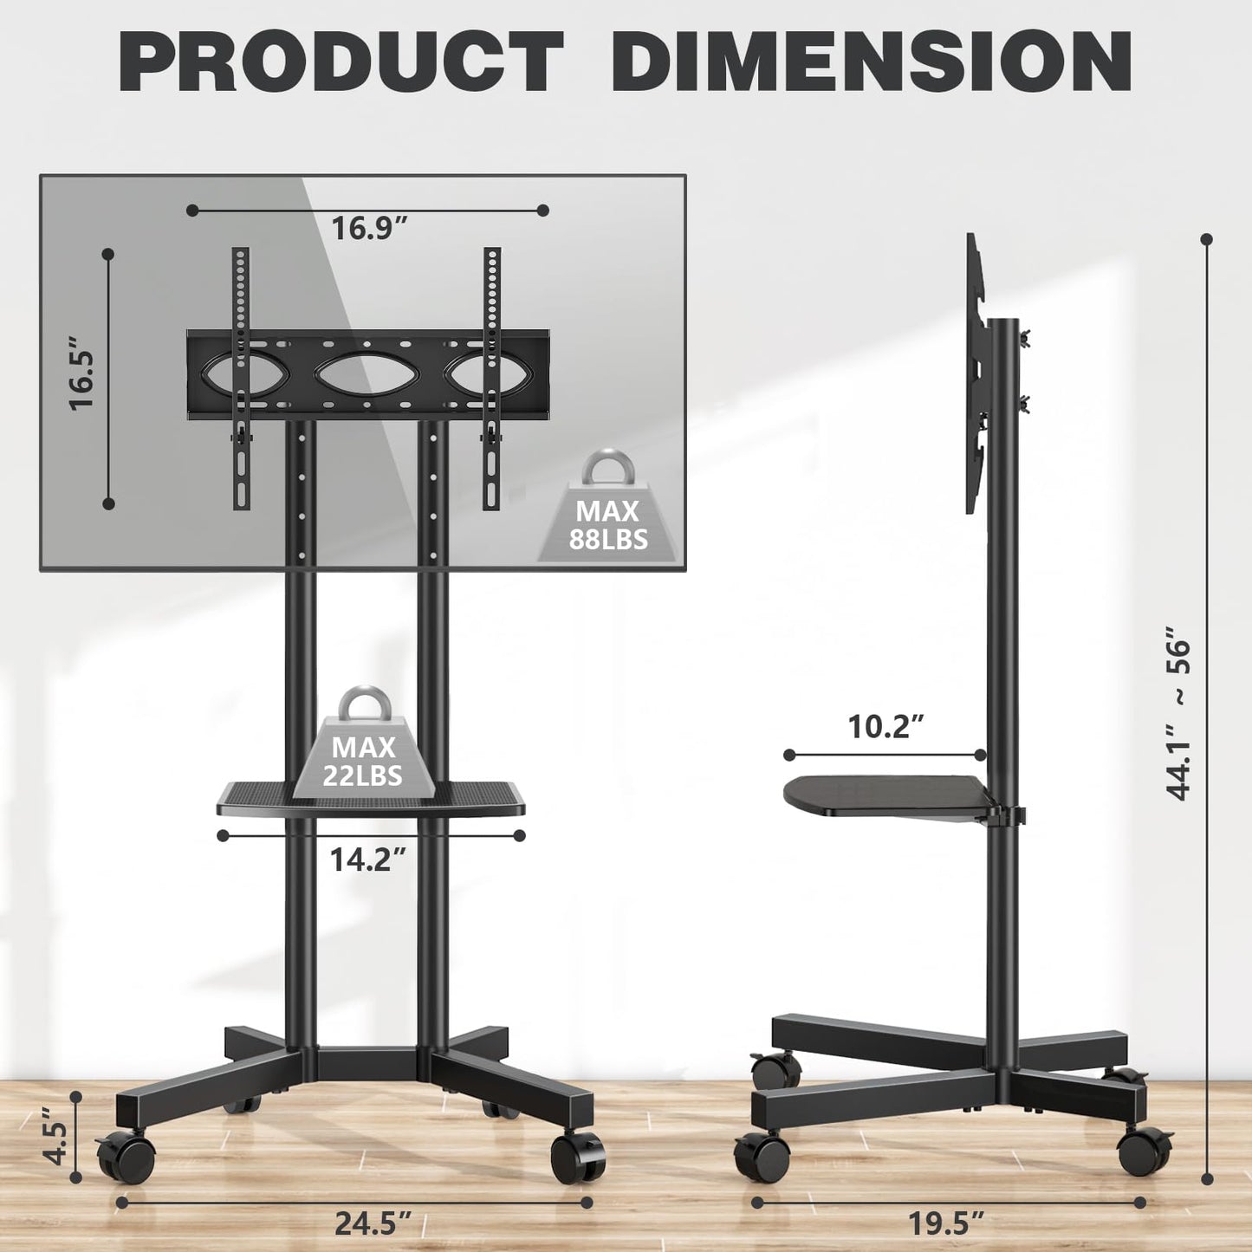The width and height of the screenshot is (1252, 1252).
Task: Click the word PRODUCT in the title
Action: click(x=341, y=62)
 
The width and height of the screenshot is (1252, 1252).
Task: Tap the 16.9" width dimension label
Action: click(x=369, y=229)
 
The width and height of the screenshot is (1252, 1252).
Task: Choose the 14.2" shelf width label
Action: click(x=367, y=860)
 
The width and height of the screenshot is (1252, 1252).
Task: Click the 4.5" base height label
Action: click(x=55, y=1142)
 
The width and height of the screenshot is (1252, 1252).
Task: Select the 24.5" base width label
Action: click(x=373, y=1223)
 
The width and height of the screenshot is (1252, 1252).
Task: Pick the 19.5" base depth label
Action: click(x=946, y=1223)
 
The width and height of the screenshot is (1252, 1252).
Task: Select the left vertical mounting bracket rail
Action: click(x=240, y=378)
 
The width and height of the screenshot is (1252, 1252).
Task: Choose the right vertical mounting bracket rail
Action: click(x=492, y=378)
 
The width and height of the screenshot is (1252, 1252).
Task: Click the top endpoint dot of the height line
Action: click(x=1206, y=239)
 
